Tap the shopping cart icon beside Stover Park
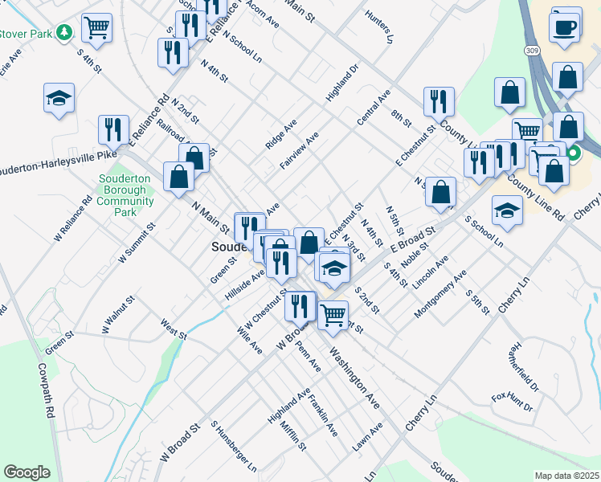[96, 27]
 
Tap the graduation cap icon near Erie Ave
[59, 98]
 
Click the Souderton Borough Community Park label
[125, 196]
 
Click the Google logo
[27, 472]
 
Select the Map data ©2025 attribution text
[567, 476]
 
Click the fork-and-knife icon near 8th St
[439, 101]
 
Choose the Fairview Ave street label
[300, 151]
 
